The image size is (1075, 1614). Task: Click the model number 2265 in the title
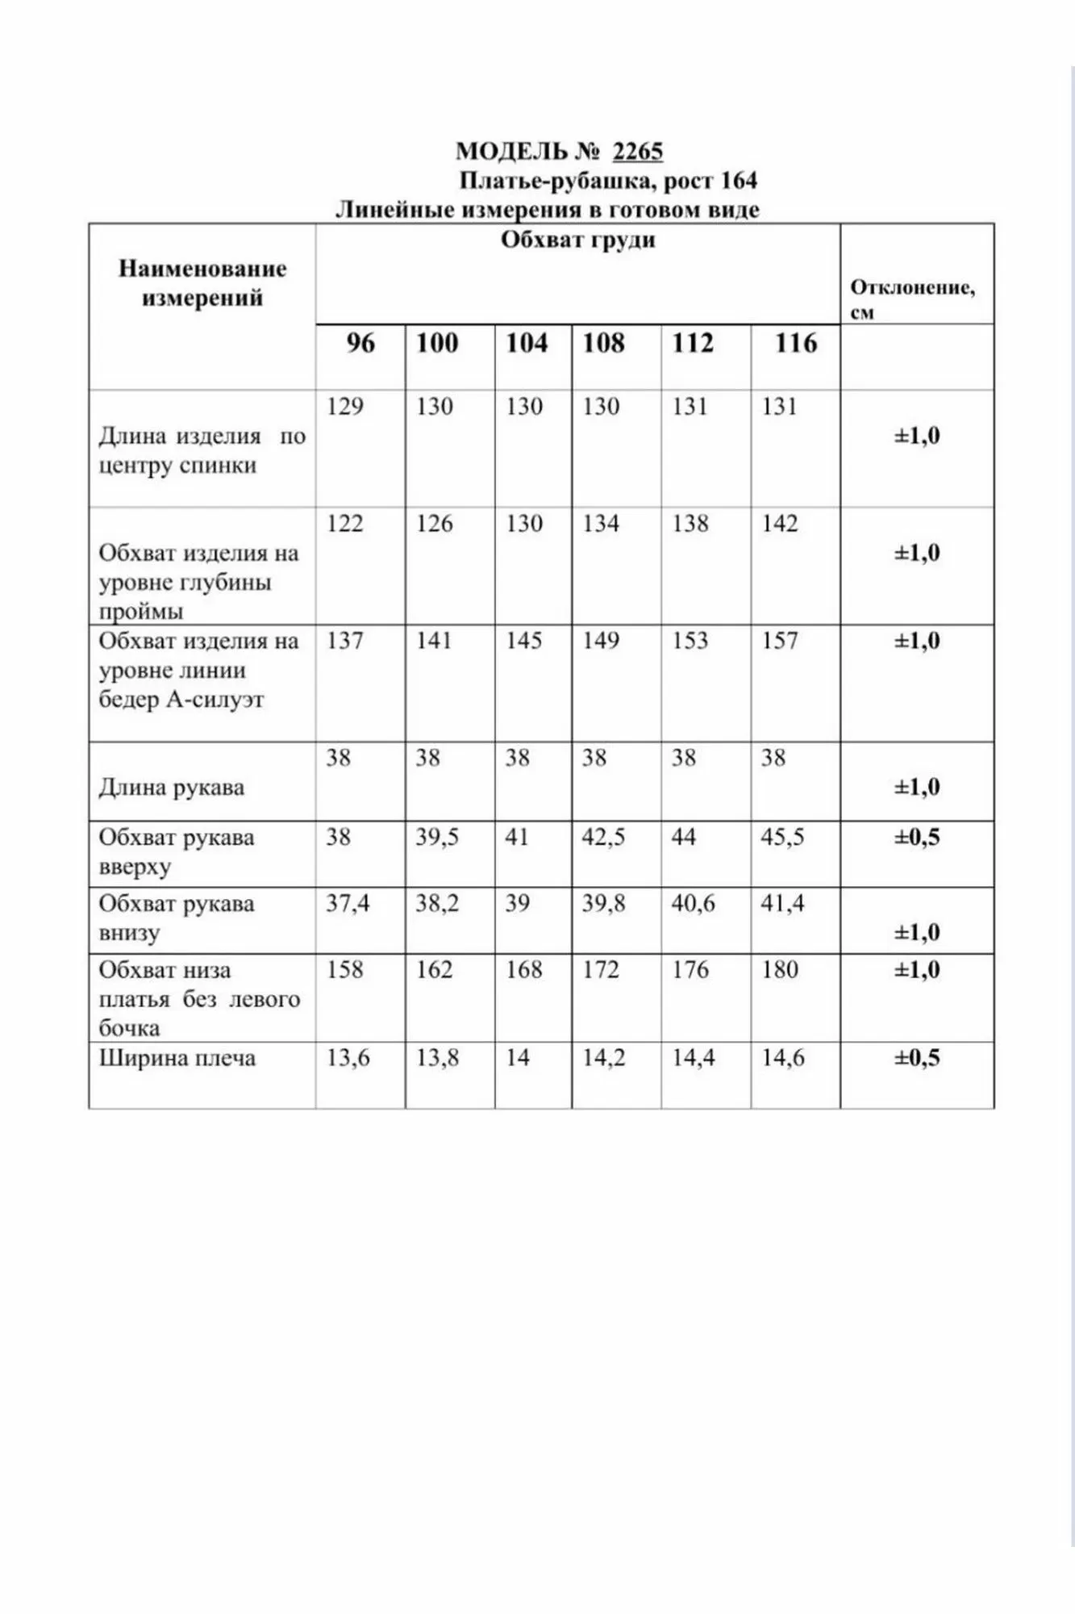(x=637, y=152)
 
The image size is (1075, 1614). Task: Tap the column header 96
(x=360, y=343)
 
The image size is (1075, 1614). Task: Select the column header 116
(x=796, y=343)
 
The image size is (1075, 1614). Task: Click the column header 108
(x=603, y=343)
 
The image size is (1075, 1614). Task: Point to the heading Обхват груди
(x=577, y=240)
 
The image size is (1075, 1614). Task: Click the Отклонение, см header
(x=912, y=299)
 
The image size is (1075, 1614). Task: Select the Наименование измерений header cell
(x=202, y=283)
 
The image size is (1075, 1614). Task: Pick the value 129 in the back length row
(x=345, y=406)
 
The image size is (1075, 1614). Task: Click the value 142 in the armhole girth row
(x=780, y=524)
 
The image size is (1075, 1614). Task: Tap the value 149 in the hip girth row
(x=601, y=641)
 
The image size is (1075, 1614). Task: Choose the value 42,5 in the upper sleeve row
(x=603, y=837)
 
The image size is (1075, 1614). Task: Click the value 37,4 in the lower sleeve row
(x=348, y=903)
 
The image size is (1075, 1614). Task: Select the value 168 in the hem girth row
(x=524, y=969)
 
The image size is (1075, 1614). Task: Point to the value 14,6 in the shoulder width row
(x=783, y=1058)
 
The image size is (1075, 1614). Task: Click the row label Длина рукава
(x=172, y=788)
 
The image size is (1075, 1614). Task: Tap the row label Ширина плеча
(x=177, y=1058)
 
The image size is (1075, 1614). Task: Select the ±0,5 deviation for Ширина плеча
(x=917, y=1058)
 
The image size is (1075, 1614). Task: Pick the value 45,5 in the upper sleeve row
(x=782, y=837)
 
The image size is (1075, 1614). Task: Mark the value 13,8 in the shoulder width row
(x=437, y=1058)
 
